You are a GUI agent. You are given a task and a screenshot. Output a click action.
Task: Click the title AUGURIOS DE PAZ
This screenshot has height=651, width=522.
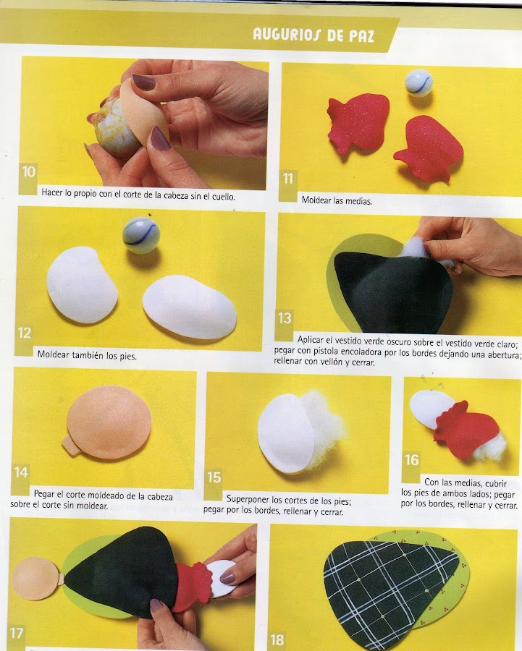click(x=313, y=35)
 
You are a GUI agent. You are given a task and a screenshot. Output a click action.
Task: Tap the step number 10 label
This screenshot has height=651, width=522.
click(x=29, y=171)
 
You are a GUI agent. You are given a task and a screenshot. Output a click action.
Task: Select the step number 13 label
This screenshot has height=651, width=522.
click(x=285, y=318)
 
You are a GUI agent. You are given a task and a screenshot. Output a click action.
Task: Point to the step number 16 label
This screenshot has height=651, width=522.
click(x=411, y=459)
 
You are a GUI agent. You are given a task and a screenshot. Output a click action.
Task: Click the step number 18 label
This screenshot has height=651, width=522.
click(x=277, y=640)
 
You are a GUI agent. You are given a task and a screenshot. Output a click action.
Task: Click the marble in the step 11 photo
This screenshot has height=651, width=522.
click(x=418, y=83)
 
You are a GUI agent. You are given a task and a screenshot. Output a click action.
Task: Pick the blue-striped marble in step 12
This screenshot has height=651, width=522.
click(x=141, y=235)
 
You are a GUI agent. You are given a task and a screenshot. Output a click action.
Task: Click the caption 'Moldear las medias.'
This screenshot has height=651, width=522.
click(x=337, y=200)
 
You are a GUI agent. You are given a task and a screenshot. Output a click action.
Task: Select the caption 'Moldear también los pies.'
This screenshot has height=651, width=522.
click(x=87, y=355)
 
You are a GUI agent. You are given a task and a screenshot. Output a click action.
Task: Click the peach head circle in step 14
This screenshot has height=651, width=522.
click(x=109, y=422)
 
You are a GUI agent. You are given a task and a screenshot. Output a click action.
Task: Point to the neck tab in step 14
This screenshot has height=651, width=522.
click(x=69, y=446)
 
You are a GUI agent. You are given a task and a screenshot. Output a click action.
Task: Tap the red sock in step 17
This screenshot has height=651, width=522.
click(x=194, y=586)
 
